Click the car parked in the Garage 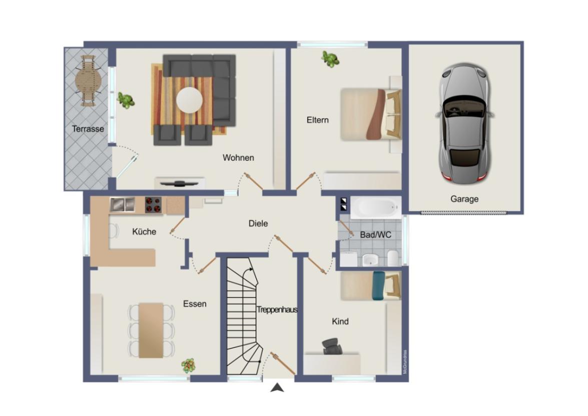pyautogui.click(x=464, y=123)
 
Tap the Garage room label pyautogui.click(x=464, y=199)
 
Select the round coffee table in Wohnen pyautogui.click(x=190, y=100)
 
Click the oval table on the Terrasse pyautogui.click(x=88, y=80)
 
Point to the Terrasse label pyautogui.click(x=88, y=129)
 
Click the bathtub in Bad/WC pyautogui.click(x=375, y=207)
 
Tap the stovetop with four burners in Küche pyautogui.click(x=153, y=204)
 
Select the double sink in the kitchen pyautogui.click(x=123, y=204)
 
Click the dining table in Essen pyautogui.click(x=151, y=330)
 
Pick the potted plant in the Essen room pyautogui.click(x=188, y=365)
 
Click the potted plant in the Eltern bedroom pyautogui.click(x=330, y=59)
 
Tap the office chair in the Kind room pyautogui.click(x=330, y=345)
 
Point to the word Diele pyautogui.click(x=258, y=224)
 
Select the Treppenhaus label pyautogui.click(x=277, y=310)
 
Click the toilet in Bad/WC pyautogui.click(x=394, y=258)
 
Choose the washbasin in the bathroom pyautogui.click(x=370, y=259)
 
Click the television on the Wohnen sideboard pyautogui.click(x=179, y=183)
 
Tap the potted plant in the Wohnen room pyautogui.click(x=126, y=100)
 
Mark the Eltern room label pyautogui.click(x=318, y=120)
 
